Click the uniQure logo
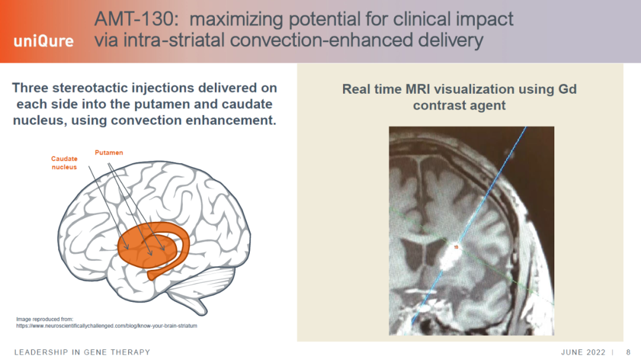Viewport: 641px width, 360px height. (44, 42)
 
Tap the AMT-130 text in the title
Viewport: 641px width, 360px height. (135, 19)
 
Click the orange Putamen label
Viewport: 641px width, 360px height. (109, 152)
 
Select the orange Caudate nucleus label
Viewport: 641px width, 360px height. (64, 163)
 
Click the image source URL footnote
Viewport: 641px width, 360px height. (107, 326)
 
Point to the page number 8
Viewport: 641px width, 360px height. (629, 352)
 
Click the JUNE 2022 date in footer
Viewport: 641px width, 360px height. (583, 352)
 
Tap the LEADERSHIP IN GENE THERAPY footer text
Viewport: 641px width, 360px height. (82, 352)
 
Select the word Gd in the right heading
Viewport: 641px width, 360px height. (567, 89)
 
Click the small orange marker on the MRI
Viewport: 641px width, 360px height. (456, 247)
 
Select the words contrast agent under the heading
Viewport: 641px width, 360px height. (459, 106)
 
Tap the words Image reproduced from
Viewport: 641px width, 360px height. (45, 319)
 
